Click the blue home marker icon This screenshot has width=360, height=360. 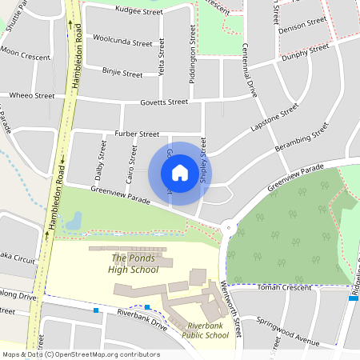tap(180, 173)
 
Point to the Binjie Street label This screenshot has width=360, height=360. tap(122, 73)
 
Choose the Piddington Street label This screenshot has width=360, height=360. tap(193, 50)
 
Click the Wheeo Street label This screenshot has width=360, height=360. tap(33, 96)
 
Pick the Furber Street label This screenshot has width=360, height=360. tap(137, 134)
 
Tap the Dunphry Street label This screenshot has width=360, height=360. tap(305, 54)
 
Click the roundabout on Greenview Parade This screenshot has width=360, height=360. tap(229, 226)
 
